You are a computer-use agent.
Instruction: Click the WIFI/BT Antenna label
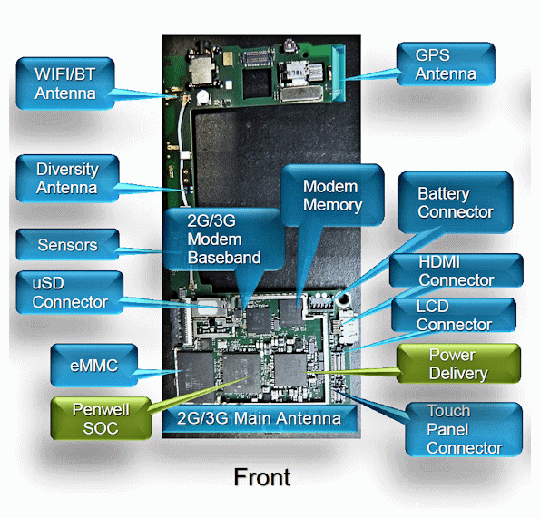[66, 82]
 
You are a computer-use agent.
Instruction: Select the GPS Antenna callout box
[446, 64]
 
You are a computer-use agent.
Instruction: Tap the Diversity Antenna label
[66, 179]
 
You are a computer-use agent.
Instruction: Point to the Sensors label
[67, 245]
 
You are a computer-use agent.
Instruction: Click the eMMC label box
[93, 366]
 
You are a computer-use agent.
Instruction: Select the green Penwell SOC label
[101, 418]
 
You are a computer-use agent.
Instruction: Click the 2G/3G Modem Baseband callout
[214, 239]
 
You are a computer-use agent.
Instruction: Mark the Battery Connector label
[455, 202]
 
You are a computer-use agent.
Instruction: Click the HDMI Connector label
[456, 270]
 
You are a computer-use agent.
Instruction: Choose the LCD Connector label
[454, 315]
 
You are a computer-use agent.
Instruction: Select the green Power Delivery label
[458, 364]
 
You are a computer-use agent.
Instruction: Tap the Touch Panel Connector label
[463, 429]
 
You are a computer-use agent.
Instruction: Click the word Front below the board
[262, 476]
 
